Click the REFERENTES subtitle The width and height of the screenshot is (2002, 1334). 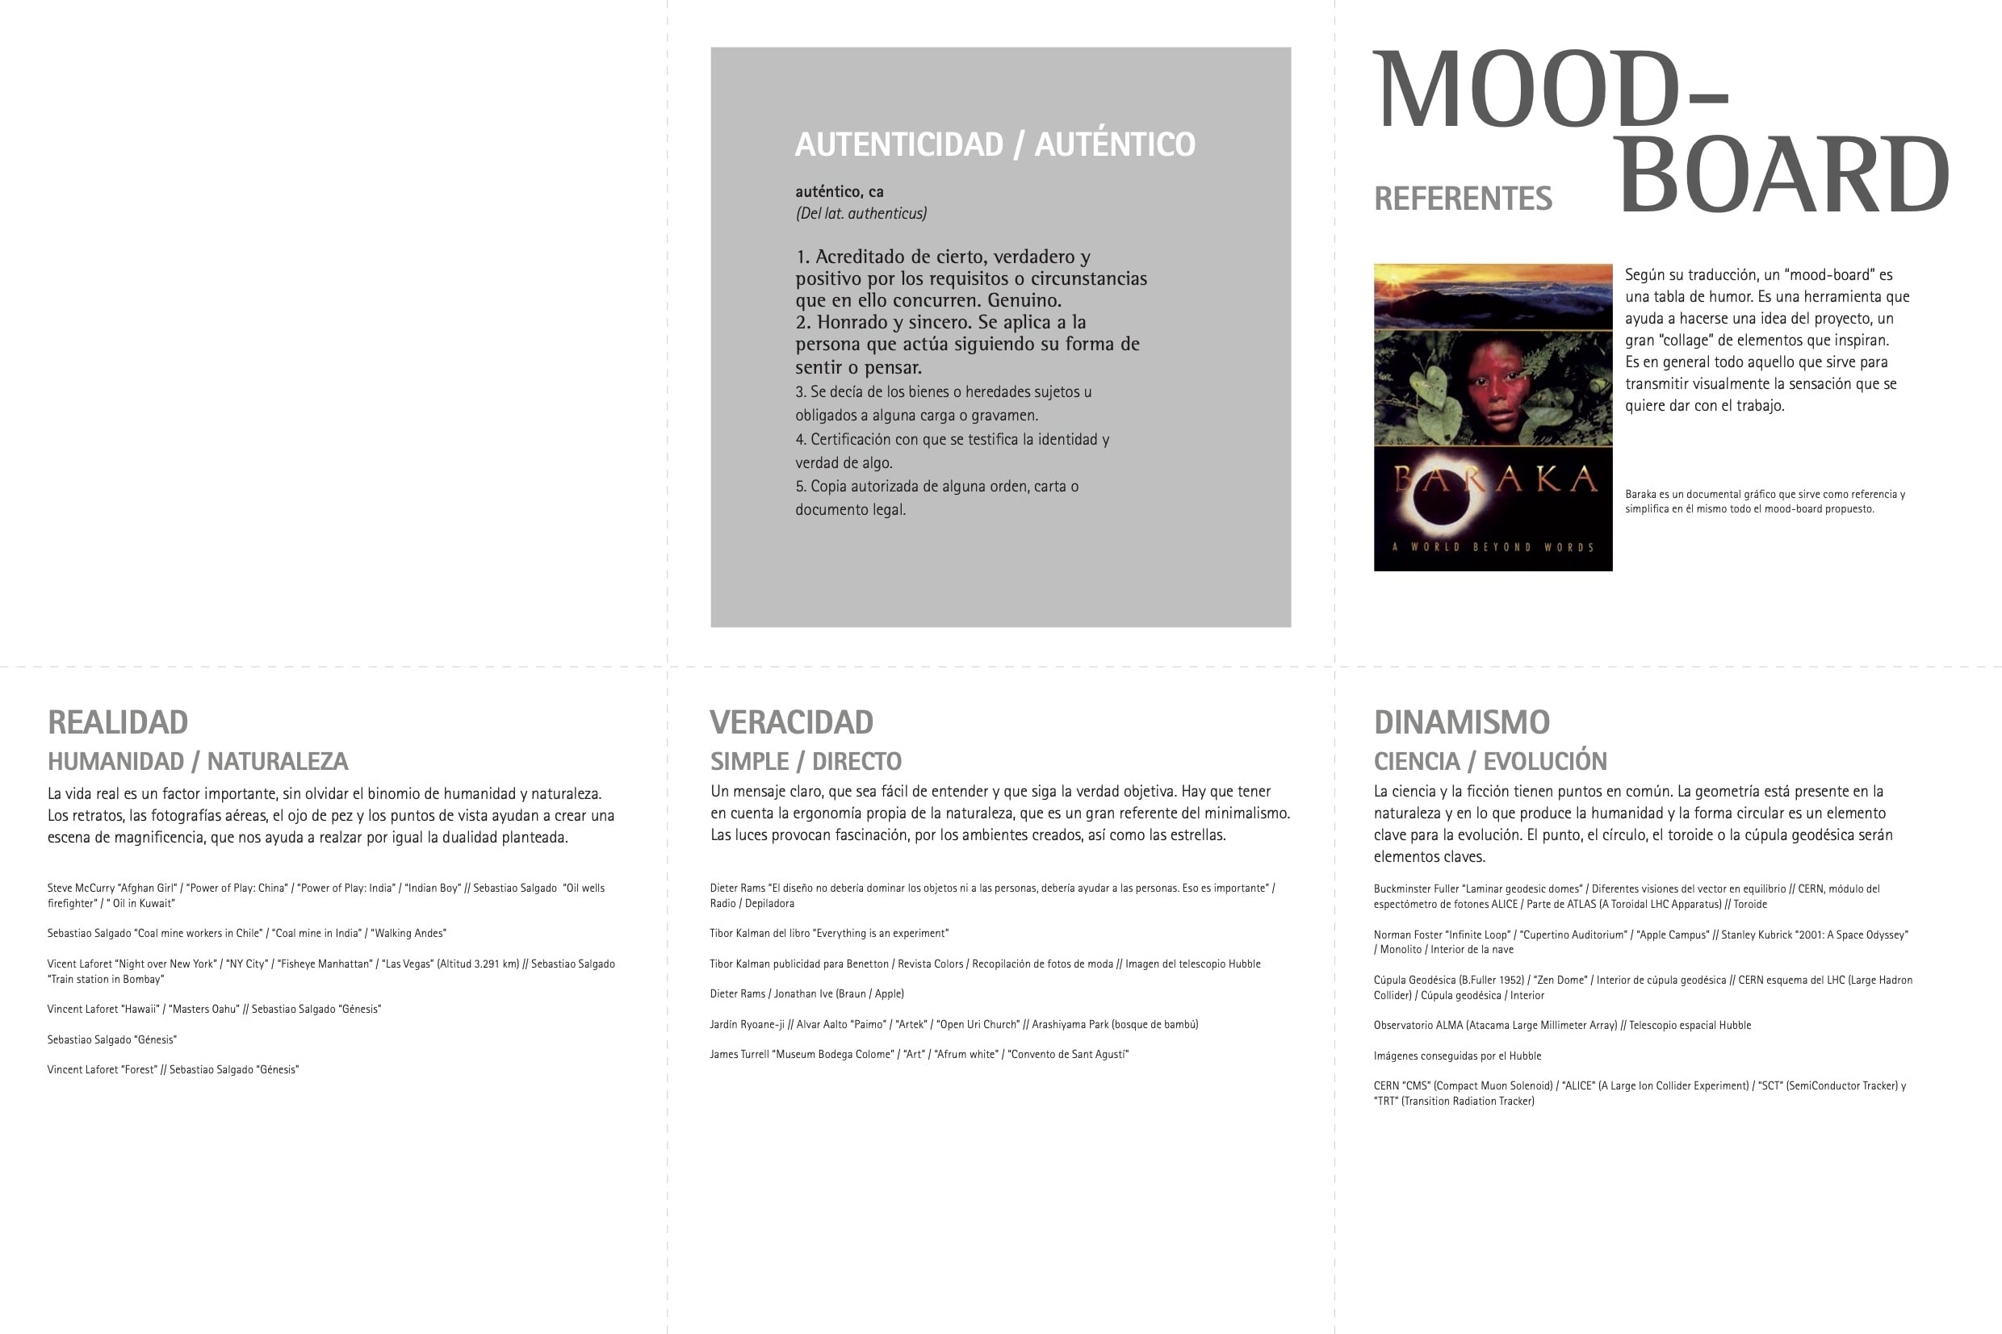pos(1463,199)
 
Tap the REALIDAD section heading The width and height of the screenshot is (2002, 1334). pos(117,722)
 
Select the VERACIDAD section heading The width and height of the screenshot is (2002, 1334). pos(791,722)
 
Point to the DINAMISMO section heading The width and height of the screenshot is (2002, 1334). pos(1462,722)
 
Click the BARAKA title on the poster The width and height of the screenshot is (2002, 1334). pos(1494,479)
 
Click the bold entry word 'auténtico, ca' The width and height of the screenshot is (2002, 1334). pos(839,191)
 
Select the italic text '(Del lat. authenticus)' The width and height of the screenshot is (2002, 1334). pos(861,214)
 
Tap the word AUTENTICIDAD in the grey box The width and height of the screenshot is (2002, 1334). pos(899,144)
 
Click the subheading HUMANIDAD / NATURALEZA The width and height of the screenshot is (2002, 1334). pos(198,762)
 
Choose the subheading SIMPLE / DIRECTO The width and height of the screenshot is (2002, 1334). pos(806,762)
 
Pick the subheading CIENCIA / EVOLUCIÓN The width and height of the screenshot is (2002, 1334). pos(1490,762)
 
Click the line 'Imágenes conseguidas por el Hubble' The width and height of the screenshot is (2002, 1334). pos(1456,1056)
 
